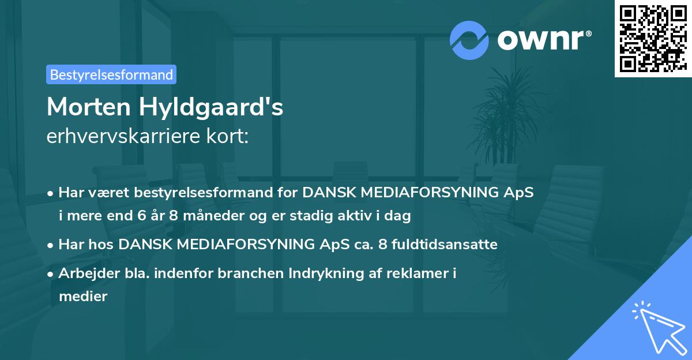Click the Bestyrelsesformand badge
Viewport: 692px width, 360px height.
[x=111, y=74]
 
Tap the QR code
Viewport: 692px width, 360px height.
[x=653, y=39]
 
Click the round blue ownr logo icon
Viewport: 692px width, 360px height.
[x=469, y=40]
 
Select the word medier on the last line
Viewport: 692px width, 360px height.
[x=83, y=297]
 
